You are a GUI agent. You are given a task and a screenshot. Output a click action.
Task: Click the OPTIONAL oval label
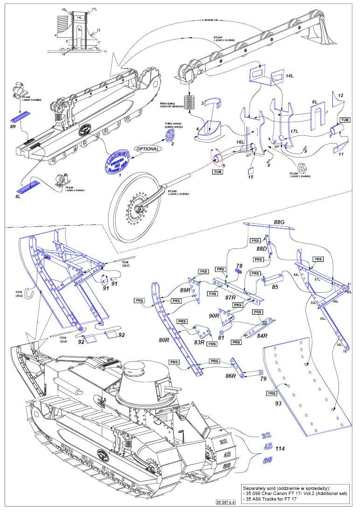tap(147, 149)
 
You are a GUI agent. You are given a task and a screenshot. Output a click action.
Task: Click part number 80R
tap(164, 340)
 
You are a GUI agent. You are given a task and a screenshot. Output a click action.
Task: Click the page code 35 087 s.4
tap(226, 502)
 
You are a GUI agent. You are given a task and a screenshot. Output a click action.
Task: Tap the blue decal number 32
tap(266, 435)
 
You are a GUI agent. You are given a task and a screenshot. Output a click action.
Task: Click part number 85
tap(275, 287)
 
